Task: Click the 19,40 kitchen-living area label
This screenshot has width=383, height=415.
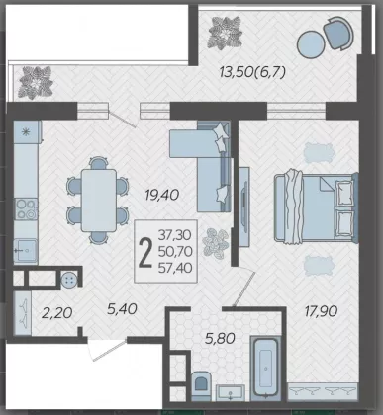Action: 162,195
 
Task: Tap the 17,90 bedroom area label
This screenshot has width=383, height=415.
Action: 321,311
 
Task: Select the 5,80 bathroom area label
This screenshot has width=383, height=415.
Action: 220,338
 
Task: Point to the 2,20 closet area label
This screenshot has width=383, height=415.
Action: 56,313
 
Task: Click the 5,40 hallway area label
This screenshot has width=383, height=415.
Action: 122,309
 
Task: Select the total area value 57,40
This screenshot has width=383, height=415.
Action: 175,268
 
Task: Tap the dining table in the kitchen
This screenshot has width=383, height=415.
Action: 99,201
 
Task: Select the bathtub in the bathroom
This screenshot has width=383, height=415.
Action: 265,368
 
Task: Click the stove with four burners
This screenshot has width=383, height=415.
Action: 26,209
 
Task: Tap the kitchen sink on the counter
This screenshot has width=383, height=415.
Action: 25,250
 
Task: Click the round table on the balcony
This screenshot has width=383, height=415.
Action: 311,44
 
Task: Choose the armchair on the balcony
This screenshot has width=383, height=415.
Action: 338,33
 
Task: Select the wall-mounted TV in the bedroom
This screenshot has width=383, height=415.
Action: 244,207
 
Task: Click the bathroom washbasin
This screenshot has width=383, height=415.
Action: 231,392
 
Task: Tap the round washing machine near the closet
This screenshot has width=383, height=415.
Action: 69,281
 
